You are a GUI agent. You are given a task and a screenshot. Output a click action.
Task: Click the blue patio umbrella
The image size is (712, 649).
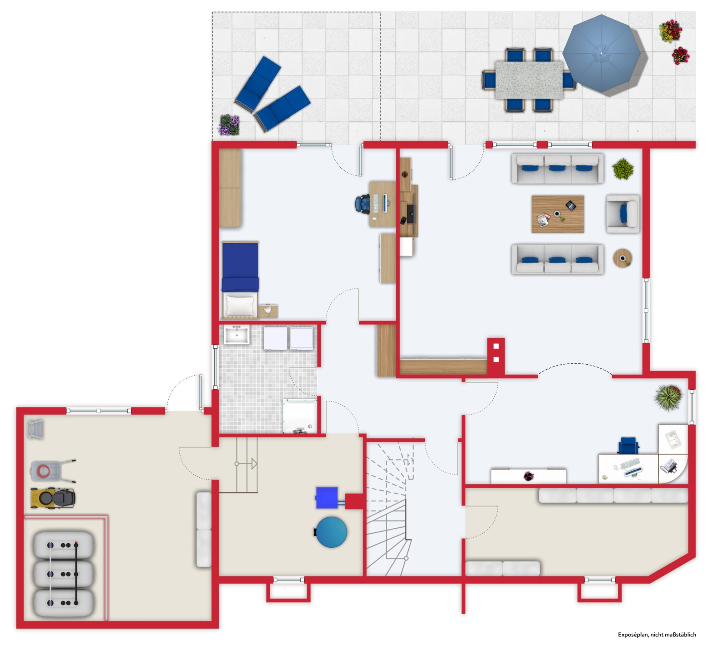click(x=601, y=53)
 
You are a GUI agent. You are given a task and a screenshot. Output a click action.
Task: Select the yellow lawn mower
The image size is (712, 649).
click(x=53, y=498)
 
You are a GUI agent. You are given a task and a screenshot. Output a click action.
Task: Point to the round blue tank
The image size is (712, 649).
click(x=331, y=532)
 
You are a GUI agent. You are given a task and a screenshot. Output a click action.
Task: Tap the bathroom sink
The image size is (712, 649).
click(x=236, y=335)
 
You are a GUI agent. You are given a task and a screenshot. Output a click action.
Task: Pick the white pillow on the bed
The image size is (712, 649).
click(x=240, y=305)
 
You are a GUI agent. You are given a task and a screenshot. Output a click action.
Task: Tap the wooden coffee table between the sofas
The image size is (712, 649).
click(x=557, y=214)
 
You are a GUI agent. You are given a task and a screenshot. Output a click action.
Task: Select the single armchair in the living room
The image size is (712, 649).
click(x=623, y=214)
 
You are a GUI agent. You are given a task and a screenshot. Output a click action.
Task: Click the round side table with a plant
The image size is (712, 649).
click(x=623, y=258)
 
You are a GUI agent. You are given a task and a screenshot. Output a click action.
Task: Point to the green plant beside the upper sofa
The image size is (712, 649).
click(x=623, y=169)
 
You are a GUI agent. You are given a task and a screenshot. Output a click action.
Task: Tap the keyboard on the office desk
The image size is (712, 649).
click(x=630, y=464)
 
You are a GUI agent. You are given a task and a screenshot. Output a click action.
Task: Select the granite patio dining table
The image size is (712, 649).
click(x=529, y=80)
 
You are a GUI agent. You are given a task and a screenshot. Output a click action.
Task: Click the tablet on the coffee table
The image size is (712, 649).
click(x=571, y=205)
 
